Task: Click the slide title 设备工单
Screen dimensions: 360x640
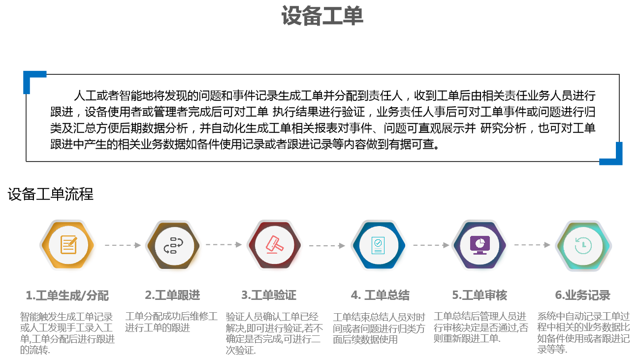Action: point(322,16)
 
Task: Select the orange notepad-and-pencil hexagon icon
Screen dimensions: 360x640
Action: point(68,245)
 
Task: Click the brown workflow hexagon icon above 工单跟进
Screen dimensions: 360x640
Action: point(173,245)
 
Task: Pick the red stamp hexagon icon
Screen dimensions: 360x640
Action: point(274,245)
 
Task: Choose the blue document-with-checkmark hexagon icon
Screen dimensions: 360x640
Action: point(378,245)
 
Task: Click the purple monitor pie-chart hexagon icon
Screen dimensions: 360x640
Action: point(480,245)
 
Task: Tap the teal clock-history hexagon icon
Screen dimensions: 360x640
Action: point(583,245)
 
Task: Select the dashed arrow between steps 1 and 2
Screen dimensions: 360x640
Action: point(123,245)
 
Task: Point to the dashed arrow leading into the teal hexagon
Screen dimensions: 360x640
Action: point(532,245)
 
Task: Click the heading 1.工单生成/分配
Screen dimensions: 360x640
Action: point(67,295)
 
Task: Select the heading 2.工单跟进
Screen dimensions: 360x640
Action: point(172,295)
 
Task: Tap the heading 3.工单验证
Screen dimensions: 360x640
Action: point(269,295)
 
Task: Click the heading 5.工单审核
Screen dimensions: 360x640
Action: point(480,295)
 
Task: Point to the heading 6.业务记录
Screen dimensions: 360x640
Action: point(582,295)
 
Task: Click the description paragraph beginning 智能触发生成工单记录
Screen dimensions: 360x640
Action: point(67,333)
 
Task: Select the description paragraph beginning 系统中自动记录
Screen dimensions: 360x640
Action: point(583,333)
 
